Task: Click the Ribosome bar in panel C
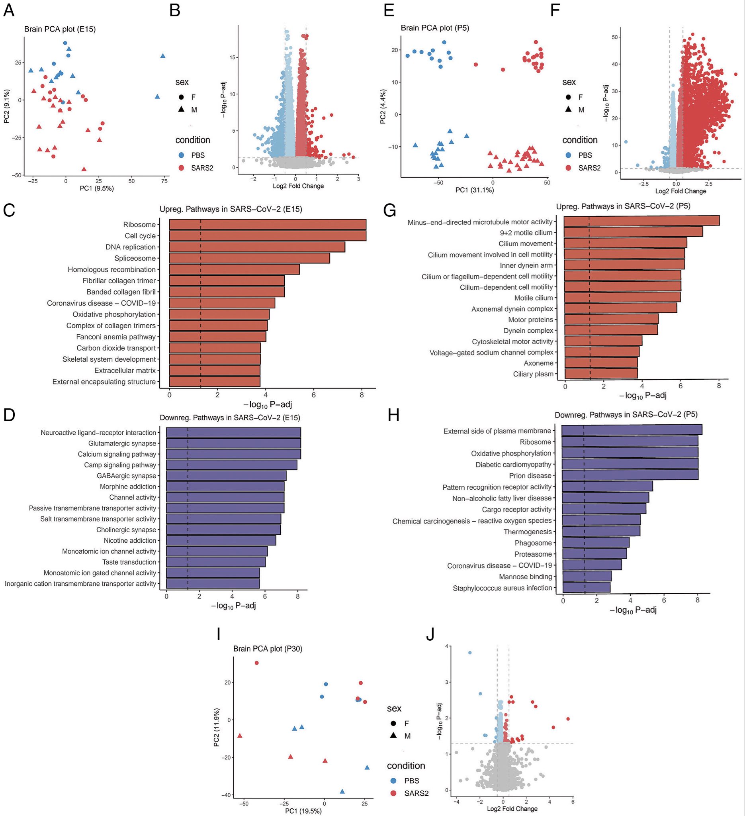(x=267, y=225)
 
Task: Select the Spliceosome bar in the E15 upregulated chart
(x=249, y=258)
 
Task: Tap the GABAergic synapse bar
(x=226, y=476)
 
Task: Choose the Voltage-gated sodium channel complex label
(x=491, y=353)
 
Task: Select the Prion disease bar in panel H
(x=630, y=475)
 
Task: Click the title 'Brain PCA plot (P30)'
(x=267, y=648)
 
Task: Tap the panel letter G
(x=389, y=211)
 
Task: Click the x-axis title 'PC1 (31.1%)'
(x=474, y=190)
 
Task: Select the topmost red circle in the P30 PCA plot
(x=256, y=663)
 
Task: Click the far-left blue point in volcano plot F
(x=626, y=142)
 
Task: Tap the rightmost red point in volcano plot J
(x=568, y=719)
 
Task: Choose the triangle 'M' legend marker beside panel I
(x=393, y=736)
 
